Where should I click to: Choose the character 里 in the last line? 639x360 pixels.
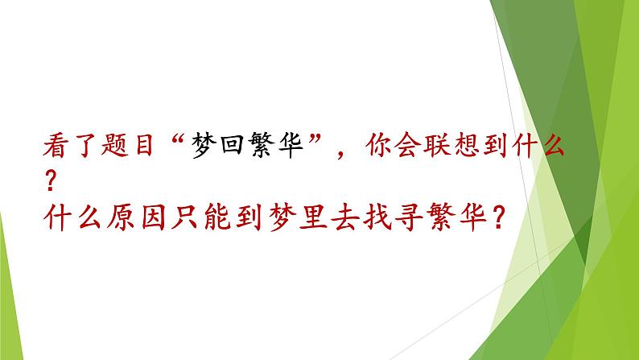click(x=317, y=216)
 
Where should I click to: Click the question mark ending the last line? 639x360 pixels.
click(x=501, y=216)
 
